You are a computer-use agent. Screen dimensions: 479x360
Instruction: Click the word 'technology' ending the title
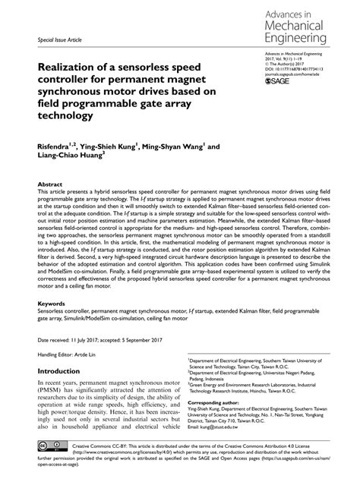point(71,117)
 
